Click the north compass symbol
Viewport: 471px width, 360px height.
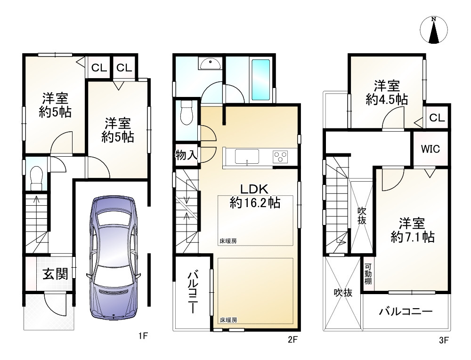433,31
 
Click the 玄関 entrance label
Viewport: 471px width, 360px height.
54,274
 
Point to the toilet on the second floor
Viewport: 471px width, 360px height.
187,113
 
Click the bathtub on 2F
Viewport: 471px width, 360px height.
260,79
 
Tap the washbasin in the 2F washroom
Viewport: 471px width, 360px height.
209,64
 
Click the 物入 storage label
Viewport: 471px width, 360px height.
186,155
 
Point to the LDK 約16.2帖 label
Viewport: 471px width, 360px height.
254,196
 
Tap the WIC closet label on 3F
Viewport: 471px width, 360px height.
430,149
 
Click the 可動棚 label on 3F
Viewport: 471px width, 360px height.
368,274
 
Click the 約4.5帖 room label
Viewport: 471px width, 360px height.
387,93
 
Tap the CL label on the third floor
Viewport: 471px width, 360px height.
437,118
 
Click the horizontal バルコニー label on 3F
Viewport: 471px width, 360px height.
406,312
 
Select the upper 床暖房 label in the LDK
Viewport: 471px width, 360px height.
227,240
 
